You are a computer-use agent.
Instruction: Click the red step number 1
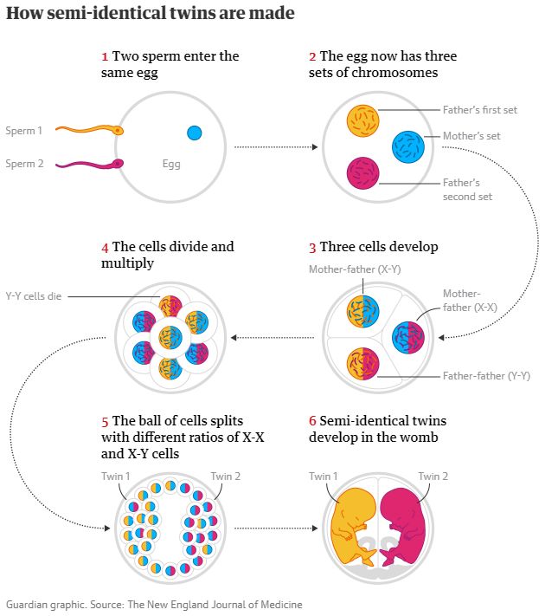click(105, 56)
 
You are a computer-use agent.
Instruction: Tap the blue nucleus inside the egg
click(194, 133)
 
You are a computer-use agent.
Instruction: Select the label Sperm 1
click(23, 131)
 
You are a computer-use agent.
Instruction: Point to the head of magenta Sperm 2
click(119, 162)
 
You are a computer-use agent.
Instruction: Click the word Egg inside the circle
click(171, 163)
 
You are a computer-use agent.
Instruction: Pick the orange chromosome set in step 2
click(362, 121)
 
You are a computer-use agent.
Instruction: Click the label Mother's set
click(471, 136)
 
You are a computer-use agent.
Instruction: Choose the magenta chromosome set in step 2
click(362, 172)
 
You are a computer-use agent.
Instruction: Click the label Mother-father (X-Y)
click(355, 269)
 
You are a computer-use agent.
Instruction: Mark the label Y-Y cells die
click(34, 296)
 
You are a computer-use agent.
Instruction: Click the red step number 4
click(105, 247)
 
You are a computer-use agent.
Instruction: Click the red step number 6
click(312, 421)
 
